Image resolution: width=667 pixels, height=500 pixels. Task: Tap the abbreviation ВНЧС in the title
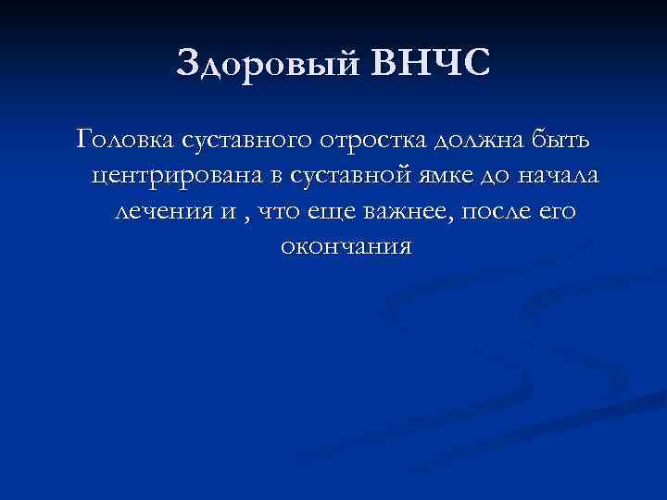point(428,66)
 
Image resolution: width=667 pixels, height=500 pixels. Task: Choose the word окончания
point(344,247)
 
